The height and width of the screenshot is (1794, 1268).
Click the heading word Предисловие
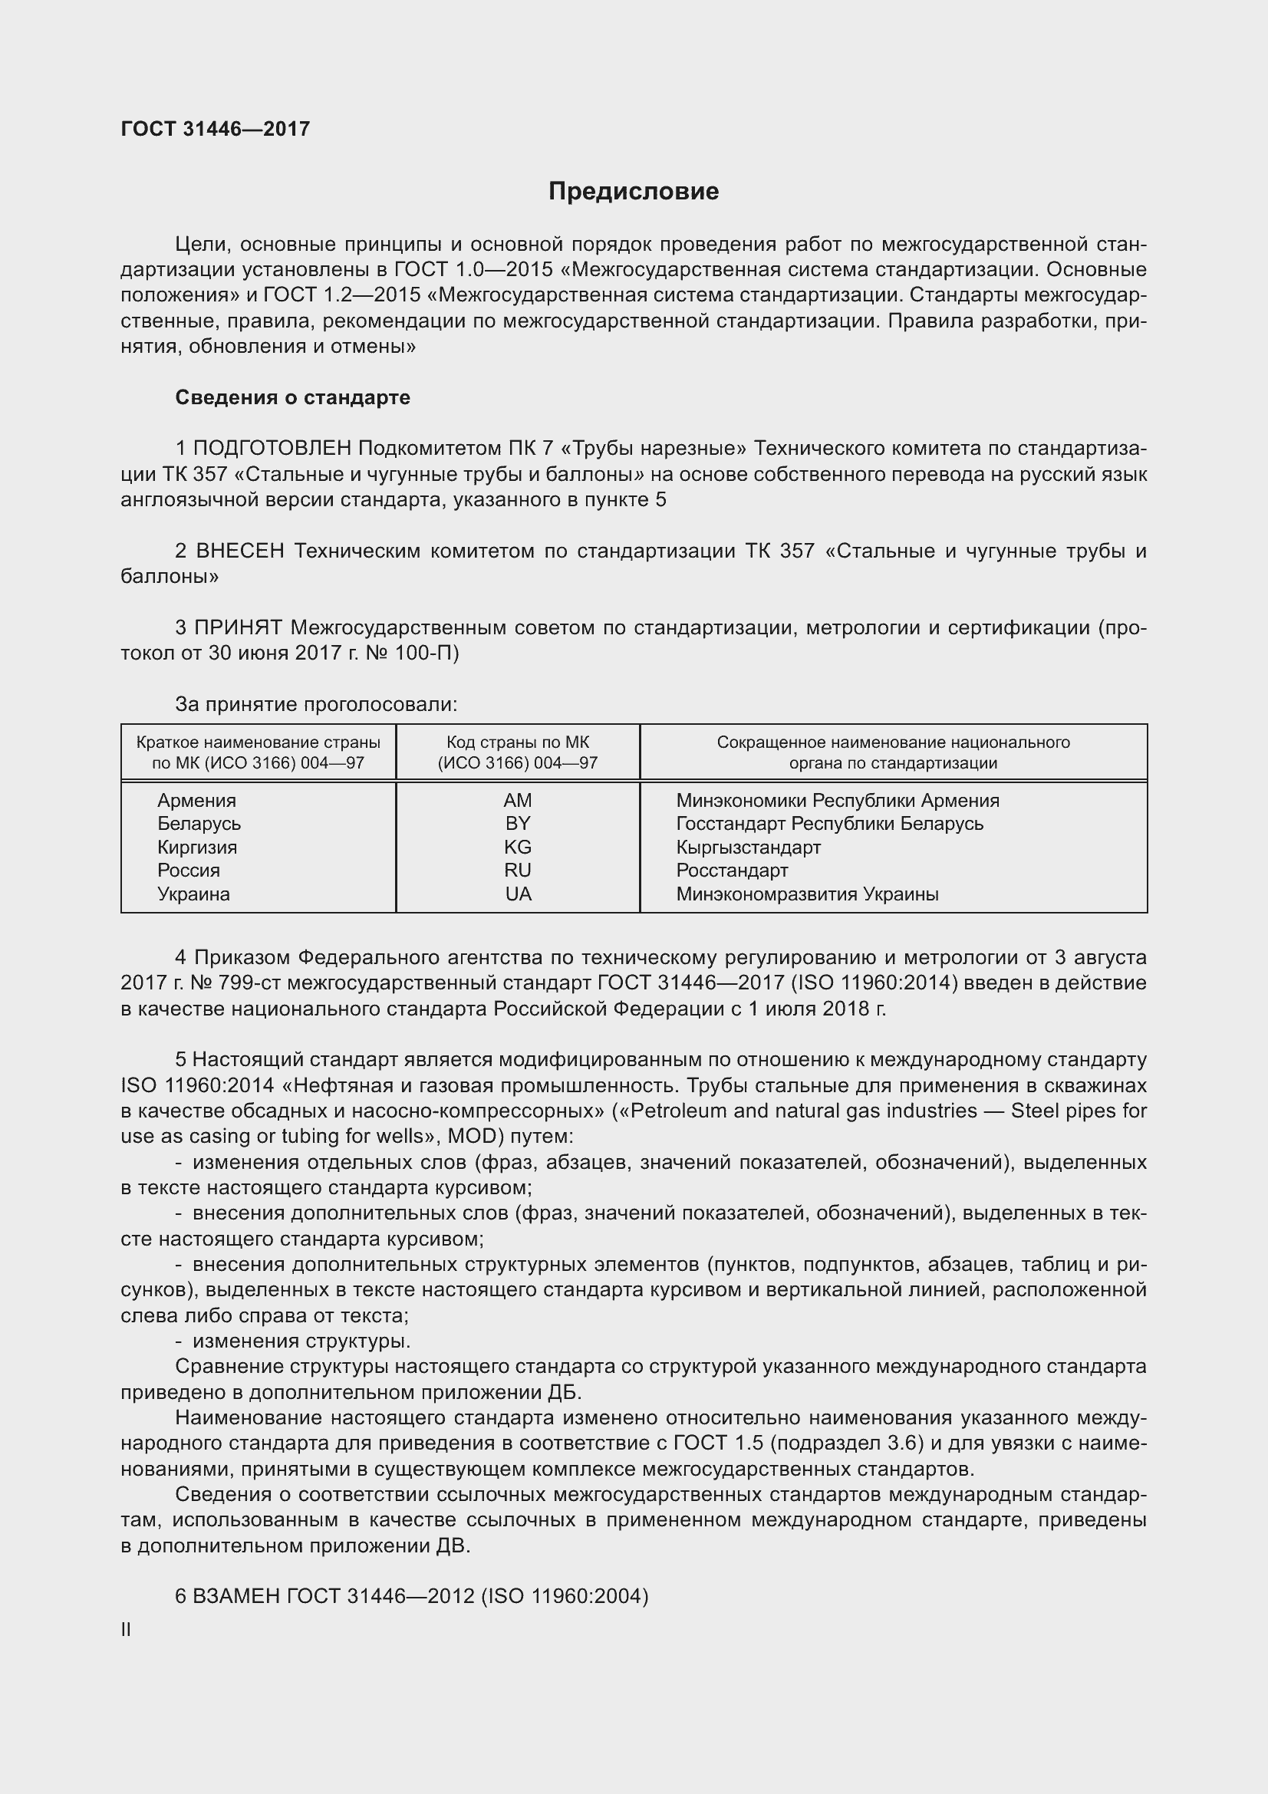tap(633, 192)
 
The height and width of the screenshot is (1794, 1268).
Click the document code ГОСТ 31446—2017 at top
tap(216, 129)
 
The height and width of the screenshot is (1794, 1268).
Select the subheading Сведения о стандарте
tap(292, 398)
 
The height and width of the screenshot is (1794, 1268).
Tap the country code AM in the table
tap(517, 800)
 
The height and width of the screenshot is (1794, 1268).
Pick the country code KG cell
tap(517, 847)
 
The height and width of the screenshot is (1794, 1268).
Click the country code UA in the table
tap(518, 894)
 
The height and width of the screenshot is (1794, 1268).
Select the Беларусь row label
tap(199, 824)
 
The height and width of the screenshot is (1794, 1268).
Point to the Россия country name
tap(188, 871)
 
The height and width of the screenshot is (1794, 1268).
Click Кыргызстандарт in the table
tap(748, 847)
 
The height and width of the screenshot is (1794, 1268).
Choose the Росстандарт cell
tap(731, 871)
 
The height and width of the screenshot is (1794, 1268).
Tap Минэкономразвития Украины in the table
tap(806, 894)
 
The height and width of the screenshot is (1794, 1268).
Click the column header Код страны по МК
tap(517, 742)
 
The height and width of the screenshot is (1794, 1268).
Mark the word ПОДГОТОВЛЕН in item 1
tap(272, 449)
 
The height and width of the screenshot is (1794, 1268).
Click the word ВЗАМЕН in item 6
tap(236, 1595)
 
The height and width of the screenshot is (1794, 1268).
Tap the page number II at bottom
tap(126, 1630)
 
